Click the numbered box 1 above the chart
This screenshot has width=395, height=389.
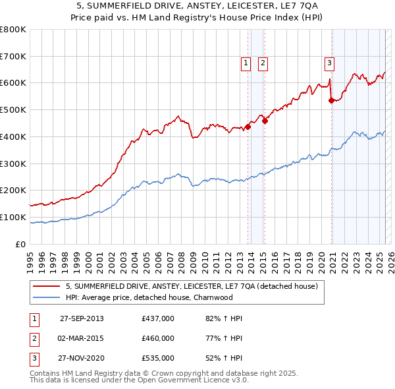[246, 63]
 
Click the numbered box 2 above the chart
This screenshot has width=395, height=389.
[263, 63]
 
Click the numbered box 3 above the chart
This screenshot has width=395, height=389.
[329, 63]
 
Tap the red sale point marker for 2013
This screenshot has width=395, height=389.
[248, 127]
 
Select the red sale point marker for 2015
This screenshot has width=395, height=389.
[265, 121]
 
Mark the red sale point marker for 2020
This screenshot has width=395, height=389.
[331, 100]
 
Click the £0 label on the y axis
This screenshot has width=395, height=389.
[21, 244]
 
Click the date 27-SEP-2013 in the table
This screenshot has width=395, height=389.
[82, 318]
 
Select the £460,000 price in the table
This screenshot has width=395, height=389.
[158, 338]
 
